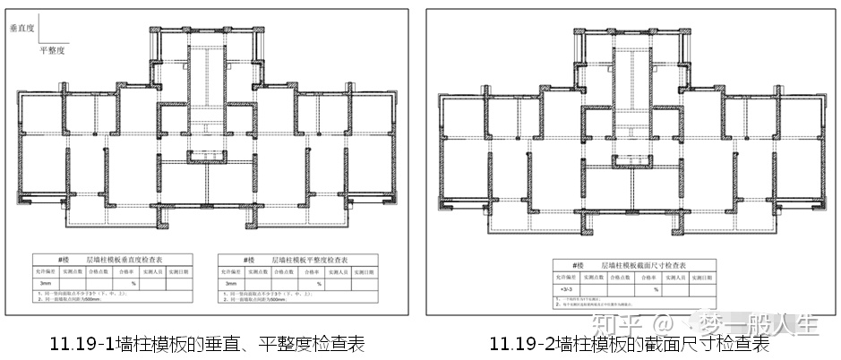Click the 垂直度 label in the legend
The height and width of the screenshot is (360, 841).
[21, 29]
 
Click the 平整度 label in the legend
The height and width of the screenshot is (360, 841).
[53, 50]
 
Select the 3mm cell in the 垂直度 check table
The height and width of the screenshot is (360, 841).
[47, 284]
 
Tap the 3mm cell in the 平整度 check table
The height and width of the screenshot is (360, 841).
[233, 284]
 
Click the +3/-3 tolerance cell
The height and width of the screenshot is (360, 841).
[566, 289]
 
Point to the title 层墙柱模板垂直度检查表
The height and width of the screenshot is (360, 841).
[127, 258]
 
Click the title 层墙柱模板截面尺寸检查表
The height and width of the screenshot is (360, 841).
[647, 265]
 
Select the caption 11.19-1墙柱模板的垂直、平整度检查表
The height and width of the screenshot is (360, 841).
[208, 344]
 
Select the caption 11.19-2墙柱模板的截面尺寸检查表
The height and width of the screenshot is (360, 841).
[630, 344]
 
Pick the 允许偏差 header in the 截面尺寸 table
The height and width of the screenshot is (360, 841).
[566, 278]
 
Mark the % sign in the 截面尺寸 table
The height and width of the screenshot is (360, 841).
[655, 289]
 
